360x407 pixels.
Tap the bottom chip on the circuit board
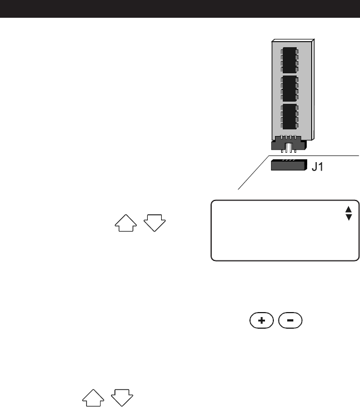click(289, 116)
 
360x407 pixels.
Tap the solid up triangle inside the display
click(349, 209)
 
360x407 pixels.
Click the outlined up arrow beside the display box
click(124, 223)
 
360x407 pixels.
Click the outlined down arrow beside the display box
click(154, 223)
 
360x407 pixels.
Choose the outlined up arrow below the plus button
click(93, 396)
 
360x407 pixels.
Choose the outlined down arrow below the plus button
click(122, 396)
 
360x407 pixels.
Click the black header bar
click(180, 8)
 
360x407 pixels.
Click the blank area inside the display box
click(278, 233)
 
